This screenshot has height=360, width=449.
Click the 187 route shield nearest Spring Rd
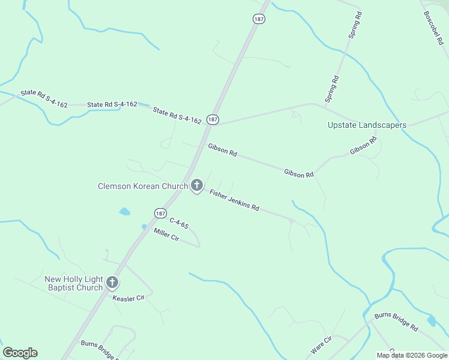[x=259, y=19]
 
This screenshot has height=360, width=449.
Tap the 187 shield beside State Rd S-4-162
[x=212, y=119]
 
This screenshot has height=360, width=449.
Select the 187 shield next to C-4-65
[x=160, y=213]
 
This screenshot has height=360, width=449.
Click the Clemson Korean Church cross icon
[x=196, y=186]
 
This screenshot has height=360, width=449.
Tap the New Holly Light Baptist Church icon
[x=112, y=283]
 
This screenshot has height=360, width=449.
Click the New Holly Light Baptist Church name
[x=74, y=283]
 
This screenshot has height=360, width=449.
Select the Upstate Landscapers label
[x=367, y=125]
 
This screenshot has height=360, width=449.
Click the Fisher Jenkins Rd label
[x=234, y=200]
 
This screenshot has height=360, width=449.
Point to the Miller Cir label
[x=166, y=234]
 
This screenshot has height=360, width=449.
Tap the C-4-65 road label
[x=179, y=224]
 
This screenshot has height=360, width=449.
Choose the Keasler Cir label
[x=129, y=298]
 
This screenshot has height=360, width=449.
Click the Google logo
[x=20, y=353]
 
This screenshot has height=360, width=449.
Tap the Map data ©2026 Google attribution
[x=412, y=355]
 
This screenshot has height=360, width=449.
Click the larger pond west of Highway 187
[x=124, y=211]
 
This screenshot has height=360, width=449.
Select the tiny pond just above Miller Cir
[x=144, y=226]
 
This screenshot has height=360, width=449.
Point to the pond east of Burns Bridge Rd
[x=432, y=321]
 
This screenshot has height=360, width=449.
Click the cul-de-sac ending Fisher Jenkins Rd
[x=292, y=221]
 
